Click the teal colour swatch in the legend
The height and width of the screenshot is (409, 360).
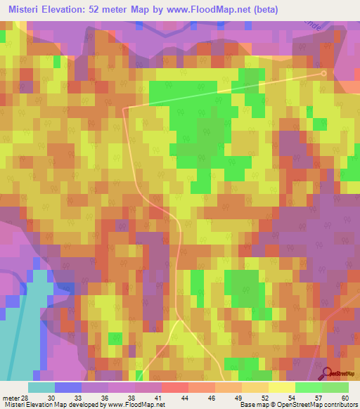pyautogui.click(x=41, y=387)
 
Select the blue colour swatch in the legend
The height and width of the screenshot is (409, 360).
pyautogui.click(x=68, y=387)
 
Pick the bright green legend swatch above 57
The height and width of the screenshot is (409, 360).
pyautogui.click(x=308, y=387)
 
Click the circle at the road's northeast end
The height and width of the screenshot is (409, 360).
pyautogui.click(x=324, y=72)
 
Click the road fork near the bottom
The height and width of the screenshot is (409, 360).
pyautogui.click(x=179, y=320)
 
